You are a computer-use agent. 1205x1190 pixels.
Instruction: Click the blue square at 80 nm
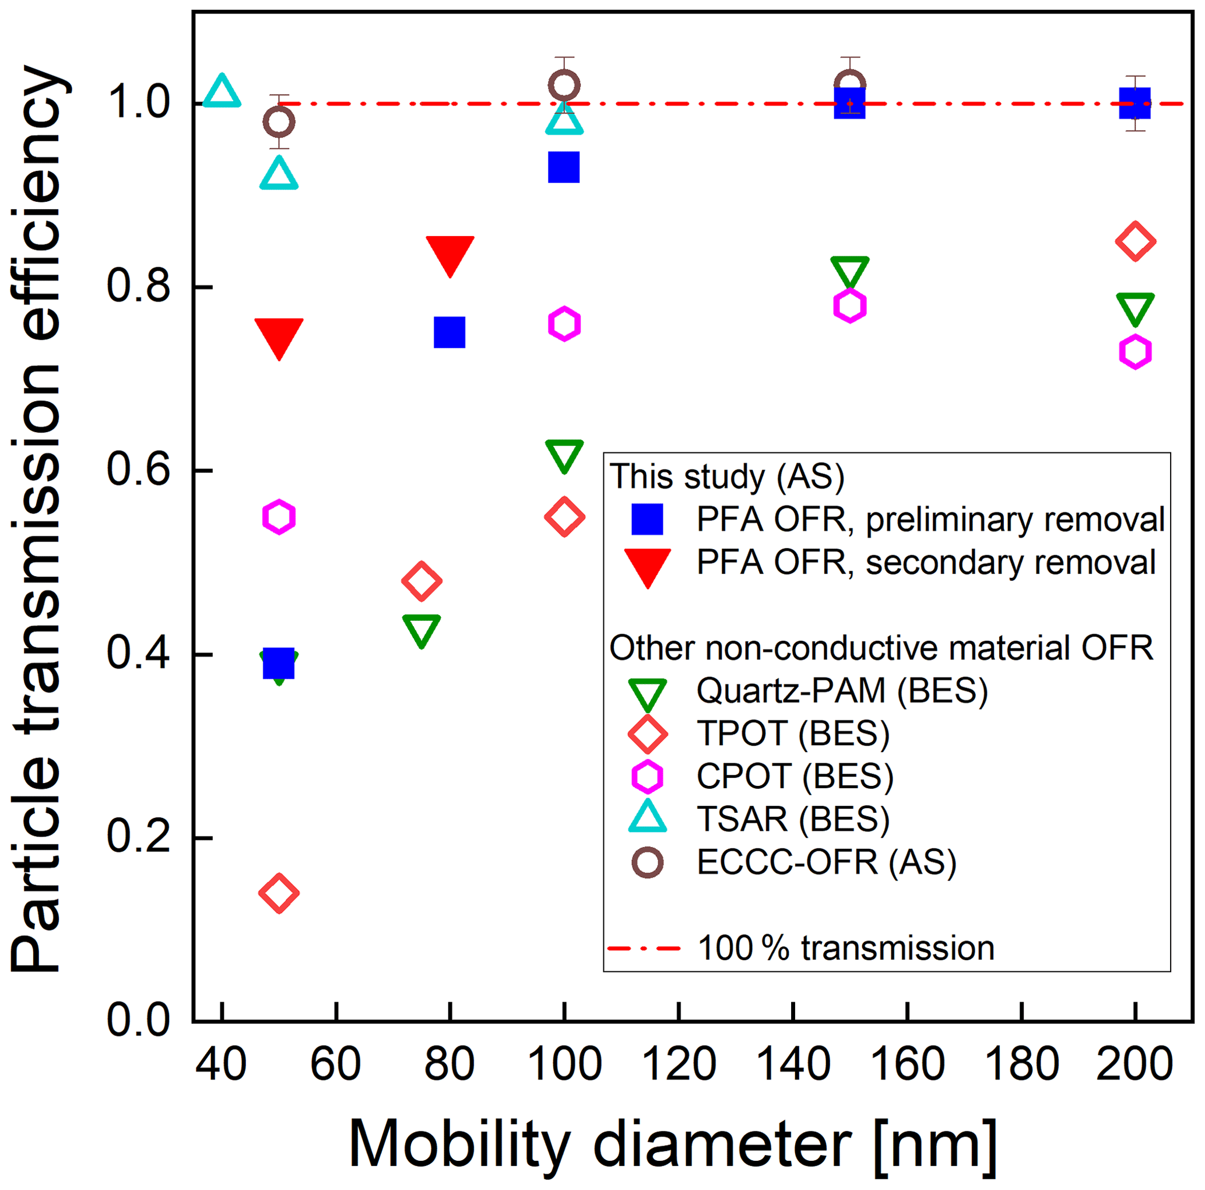point(449,332)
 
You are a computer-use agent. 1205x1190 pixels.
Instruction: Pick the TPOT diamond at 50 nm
point(279,893)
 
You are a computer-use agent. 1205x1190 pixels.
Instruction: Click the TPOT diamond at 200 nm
point(1135,241)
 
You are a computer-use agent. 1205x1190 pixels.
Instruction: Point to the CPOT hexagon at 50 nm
point(279,517)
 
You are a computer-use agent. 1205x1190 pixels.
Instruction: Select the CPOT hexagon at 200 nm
point(1135,352)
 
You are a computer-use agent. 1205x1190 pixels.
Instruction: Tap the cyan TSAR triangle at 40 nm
point(222,92)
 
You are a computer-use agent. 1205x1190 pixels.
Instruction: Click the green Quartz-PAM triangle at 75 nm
point(421,630)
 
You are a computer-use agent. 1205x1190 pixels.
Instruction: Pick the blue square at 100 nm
point(564,167)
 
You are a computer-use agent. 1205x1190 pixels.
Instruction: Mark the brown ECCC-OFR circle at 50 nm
point(279,122)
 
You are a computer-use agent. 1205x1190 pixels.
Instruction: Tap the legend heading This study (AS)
point(727,476)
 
